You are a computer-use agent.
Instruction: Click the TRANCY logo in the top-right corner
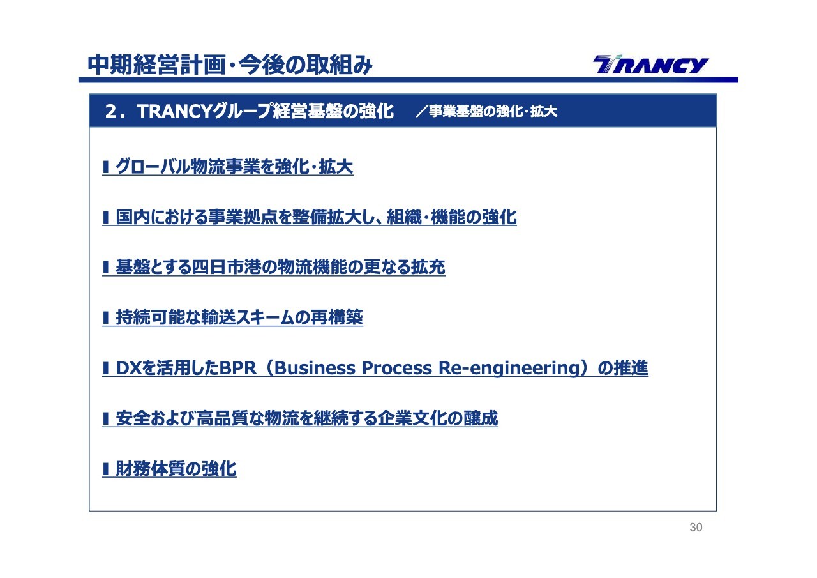[650, 65]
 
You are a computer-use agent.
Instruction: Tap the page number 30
[696, 528]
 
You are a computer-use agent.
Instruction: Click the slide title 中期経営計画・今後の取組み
[230, 65]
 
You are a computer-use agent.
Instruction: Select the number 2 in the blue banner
[111, 111]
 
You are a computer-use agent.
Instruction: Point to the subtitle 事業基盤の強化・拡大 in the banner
[493, 111]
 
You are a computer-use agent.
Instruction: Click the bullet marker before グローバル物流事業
[106, 167]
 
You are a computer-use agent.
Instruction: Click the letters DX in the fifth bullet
[128, 368]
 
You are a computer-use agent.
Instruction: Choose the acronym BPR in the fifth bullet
[238, 368]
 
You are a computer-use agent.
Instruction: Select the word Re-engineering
[509, 369]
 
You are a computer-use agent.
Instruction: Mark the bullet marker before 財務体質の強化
[106, 469]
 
